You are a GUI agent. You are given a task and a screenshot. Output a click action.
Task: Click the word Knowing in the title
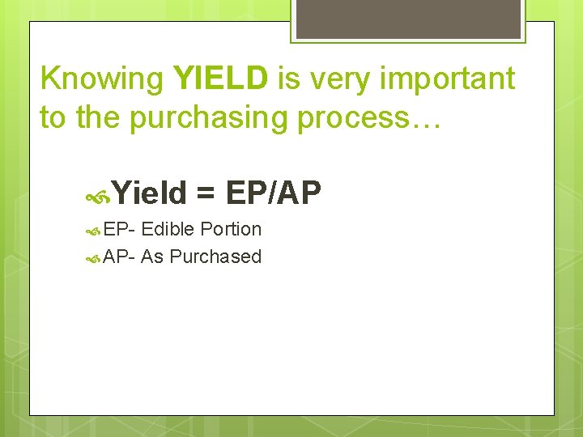point(103,79)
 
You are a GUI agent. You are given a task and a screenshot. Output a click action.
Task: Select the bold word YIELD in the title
point(220,78)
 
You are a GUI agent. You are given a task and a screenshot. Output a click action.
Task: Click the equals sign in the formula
point(206,193)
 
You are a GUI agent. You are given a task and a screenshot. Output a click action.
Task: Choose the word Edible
point(168,229)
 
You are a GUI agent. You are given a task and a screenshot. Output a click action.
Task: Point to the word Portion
point(231,229)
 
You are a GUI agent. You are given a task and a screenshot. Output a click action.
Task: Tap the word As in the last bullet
point(152,257)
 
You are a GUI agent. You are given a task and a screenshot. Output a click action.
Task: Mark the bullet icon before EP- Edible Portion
point(93,231)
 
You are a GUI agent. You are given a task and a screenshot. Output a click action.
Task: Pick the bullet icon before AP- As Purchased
point(93,259)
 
